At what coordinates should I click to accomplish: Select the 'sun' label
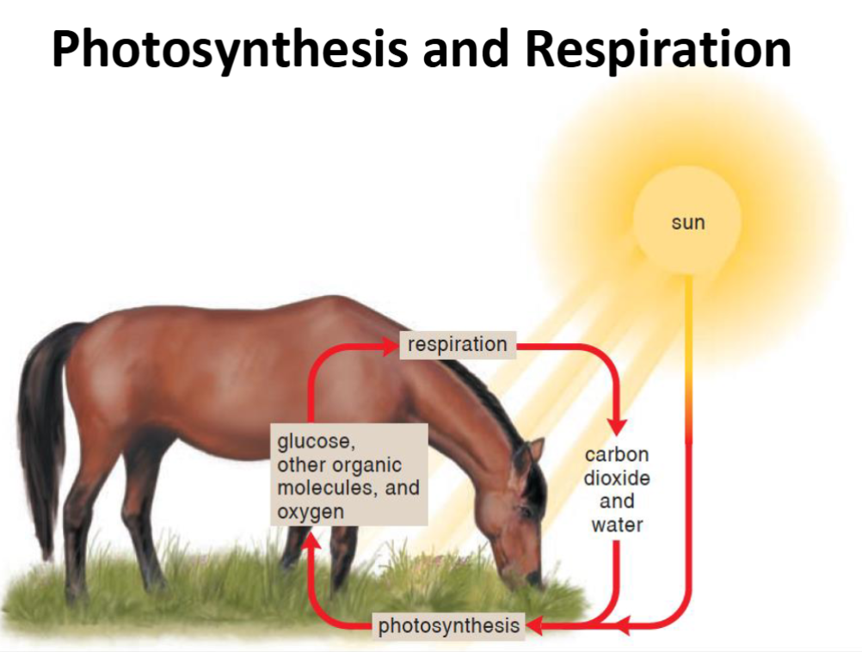687,223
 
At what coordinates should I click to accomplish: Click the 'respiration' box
457,345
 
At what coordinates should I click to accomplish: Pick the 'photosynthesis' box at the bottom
449,625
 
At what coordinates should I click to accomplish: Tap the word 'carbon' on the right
616,455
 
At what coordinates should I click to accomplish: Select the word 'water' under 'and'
617,524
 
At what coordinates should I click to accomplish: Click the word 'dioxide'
617,478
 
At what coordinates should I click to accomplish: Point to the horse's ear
535,450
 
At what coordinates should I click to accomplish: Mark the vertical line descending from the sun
687,387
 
